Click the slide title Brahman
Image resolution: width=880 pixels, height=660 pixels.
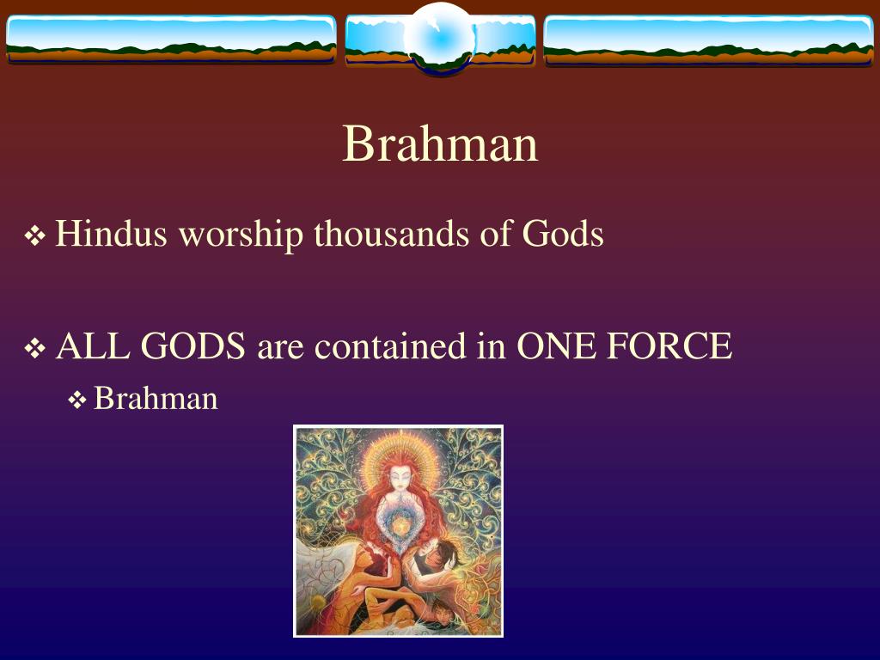pos(440,144)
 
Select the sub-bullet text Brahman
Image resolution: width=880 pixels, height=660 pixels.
pos(156,398)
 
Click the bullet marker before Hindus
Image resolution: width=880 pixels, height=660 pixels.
pos(34,236)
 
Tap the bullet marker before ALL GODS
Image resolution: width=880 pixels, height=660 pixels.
pos(34,349)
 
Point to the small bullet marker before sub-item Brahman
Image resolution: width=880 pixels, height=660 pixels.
pos(76,400)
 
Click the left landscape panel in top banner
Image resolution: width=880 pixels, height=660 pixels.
pos(170,40)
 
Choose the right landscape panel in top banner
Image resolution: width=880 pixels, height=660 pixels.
pos(708,40)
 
